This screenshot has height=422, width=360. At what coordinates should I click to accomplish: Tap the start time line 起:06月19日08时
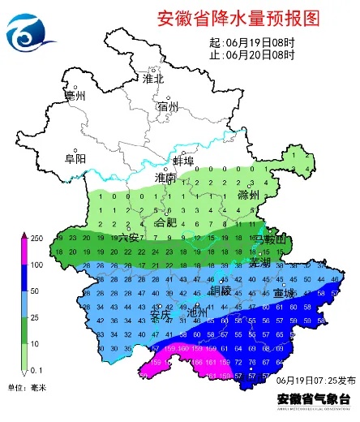(x=251, y=43)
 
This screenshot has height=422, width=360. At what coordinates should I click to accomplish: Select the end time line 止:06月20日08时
(x=251, y=54)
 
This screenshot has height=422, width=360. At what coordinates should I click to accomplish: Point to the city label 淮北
(x=152, y=79)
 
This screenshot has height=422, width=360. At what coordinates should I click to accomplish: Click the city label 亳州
(x=75, y=97)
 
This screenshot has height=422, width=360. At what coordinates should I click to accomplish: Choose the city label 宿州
(x=169, y=106)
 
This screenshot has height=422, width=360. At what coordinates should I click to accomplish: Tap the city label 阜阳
(x=75, y=159)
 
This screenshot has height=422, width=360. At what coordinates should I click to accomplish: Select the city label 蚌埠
(x=184, y=161)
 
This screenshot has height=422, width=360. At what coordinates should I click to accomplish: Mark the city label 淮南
(x=165, y=178)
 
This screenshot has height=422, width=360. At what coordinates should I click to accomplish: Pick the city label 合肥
(x=165, y=222)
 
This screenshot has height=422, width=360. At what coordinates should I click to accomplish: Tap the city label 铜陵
(x=221, y=290)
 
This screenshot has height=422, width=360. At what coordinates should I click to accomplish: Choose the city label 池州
(x=198, y=312)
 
